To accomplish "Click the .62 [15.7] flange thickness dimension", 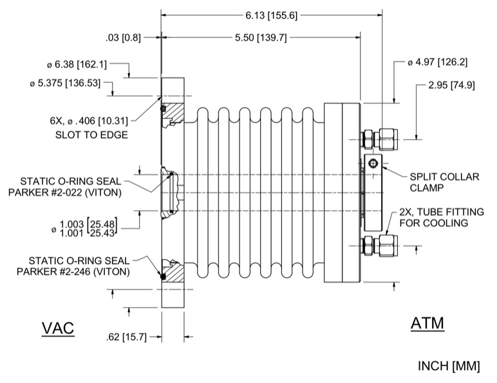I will pos(124,335).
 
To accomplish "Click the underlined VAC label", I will pos(59,327).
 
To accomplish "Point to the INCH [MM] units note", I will pos(449,366).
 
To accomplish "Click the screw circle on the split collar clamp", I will pos(374,165).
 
